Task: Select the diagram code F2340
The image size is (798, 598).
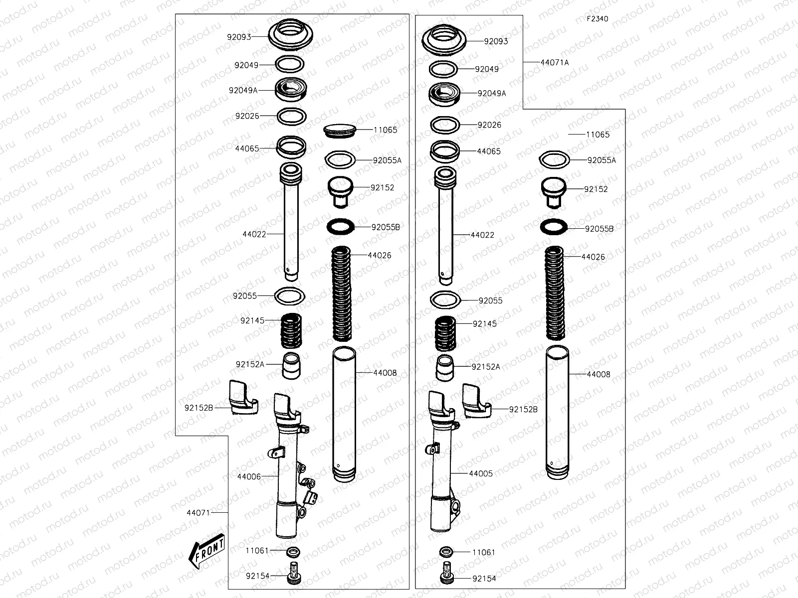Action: pyautogui.click(x=597, y=19)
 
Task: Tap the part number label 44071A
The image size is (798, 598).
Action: pyautogui.click(x=554, y=62)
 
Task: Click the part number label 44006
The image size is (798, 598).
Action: pyautogui.click(x=248, y=476)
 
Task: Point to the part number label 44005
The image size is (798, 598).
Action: pyautogui.click(x=481, y=473)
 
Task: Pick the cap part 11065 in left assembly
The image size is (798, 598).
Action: pyautogui.click(x=340, y=130)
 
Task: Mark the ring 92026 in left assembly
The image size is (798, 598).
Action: pyautogui.click(x=291, y=117)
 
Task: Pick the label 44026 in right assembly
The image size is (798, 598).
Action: pyautogui.click(x=593, y=257)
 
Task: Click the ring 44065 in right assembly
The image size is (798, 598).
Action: pyautogui.click(x=445, y=150)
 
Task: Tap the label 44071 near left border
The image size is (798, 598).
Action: pyautogui.click(x=198, y=512)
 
